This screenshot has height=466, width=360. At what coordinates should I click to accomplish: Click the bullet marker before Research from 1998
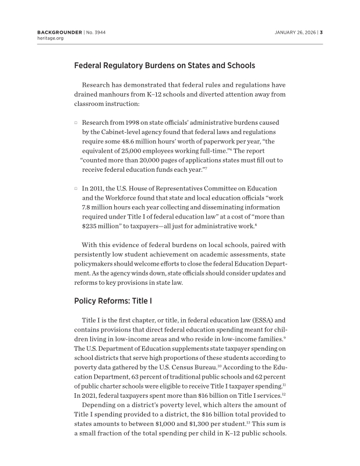(x=76, y=123)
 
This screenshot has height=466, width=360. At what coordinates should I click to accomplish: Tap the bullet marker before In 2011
(x=76, y=189)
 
